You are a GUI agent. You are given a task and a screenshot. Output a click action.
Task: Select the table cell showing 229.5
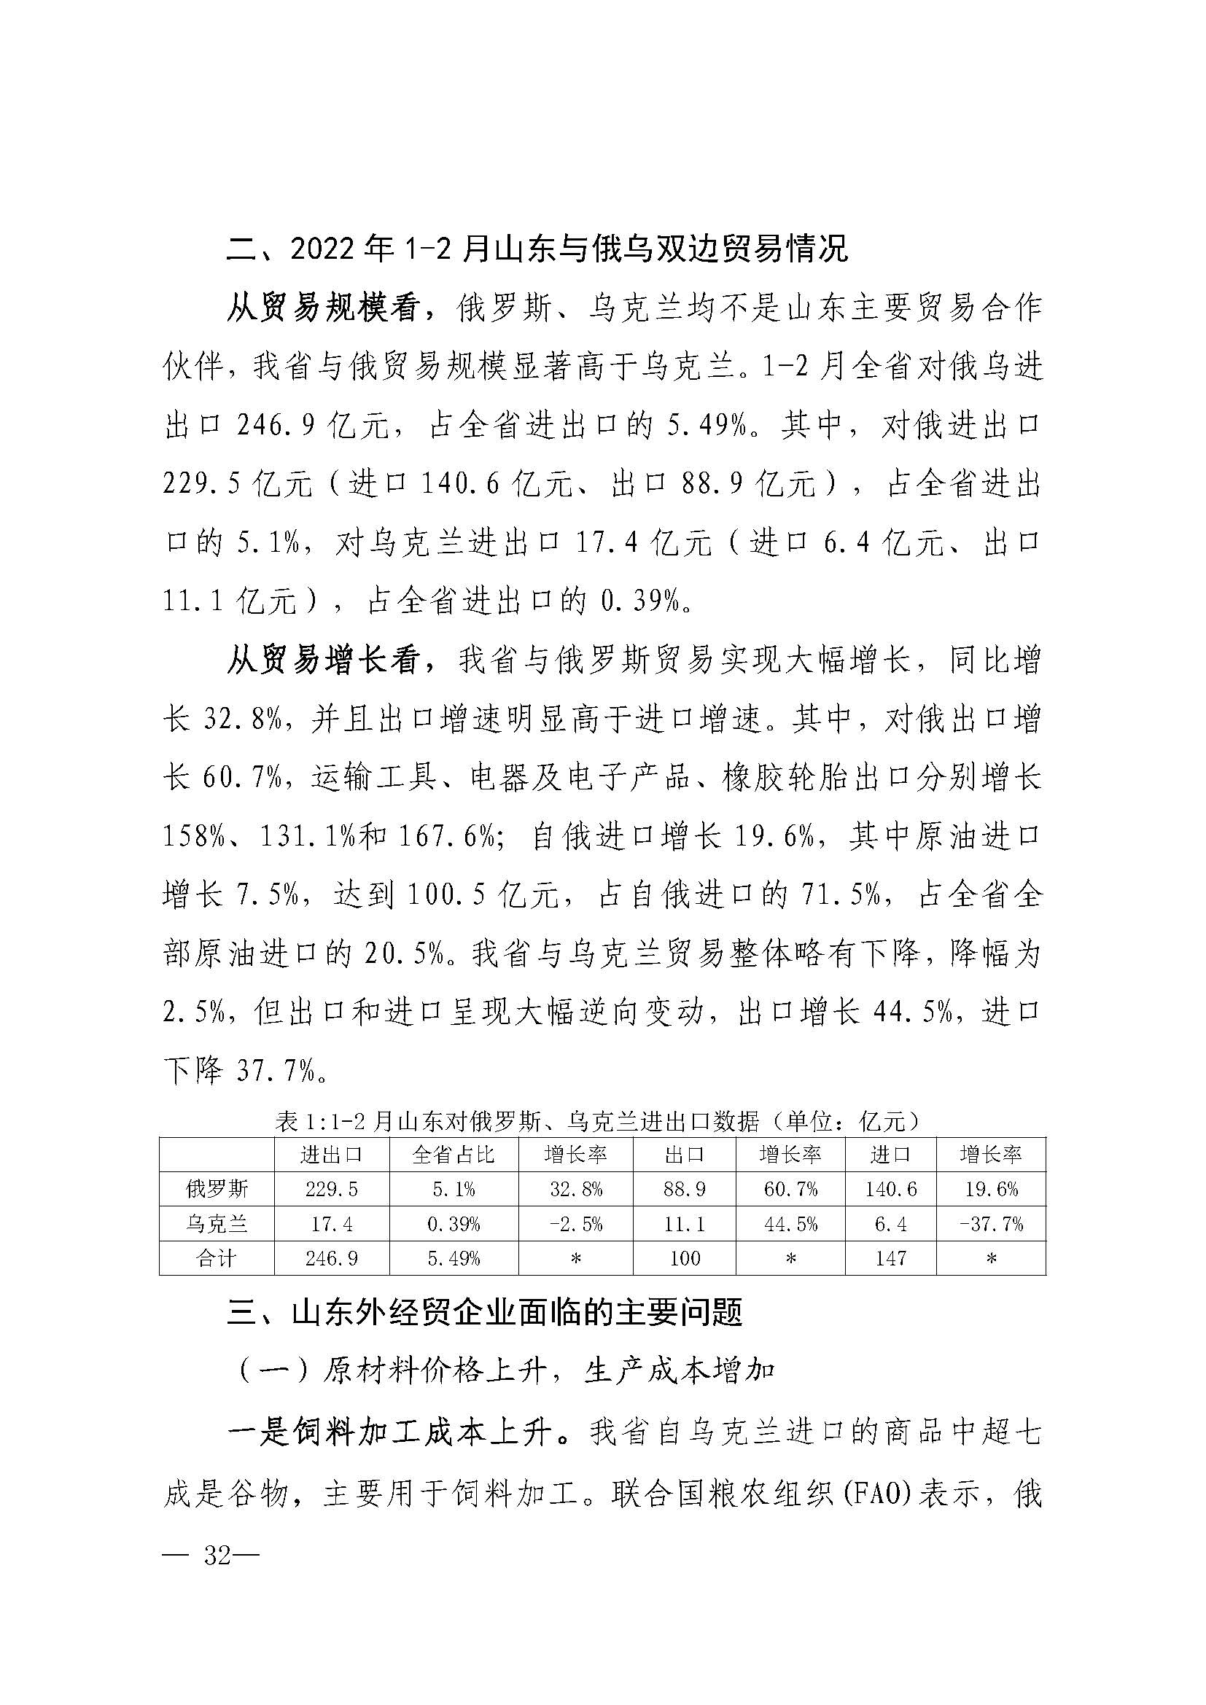[331, 1189]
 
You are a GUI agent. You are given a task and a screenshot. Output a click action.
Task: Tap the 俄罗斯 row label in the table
[217, 1189]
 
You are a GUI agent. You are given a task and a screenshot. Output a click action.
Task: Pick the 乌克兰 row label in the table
[217, 1223]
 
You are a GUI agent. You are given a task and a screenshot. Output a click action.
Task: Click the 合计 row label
[217, 1257]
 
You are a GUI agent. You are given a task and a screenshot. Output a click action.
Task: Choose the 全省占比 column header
[453, 1155]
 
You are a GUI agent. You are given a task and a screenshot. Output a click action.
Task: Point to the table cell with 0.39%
[453, 1223]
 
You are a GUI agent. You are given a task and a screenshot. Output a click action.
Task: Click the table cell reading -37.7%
[991, 1223]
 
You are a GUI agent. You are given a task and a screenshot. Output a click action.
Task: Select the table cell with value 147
[890, 1257]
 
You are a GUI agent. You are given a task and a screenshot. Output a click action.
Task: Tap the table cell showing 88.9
[684, 1189]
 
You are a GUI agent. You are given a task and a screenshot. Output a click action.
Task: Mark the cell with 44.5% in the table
[791, 1223]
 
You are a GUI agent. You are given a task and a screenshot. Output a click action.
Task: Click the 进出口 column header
[331, 1155]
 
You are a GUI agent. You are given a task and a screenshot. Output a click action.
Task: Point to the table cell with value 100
[684, 1257]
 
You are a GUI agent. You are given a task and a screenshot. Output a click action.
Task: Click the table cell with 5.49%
[453, 1257]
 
